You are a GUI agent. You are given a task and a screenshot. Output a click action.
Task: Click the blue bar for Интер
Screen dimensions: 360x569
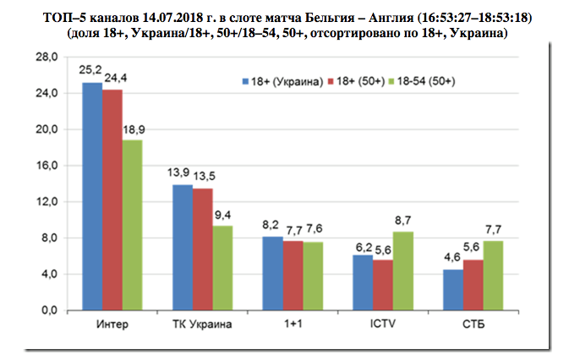(91, 196)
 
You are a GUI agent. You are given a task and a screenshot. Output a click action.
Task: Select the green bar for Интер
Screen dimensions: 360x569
(132, 225)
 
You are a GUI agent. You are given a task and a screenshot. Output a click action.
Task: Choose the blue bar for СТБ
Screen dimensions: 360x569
(454, 289)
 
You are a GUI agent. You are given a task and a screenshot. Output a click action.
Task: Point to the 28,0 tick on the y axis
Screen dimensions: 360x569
(47, 57)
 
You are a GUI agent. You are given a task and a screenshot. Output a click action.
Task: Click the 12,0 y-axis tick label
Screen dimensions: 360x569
(47, 202)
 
